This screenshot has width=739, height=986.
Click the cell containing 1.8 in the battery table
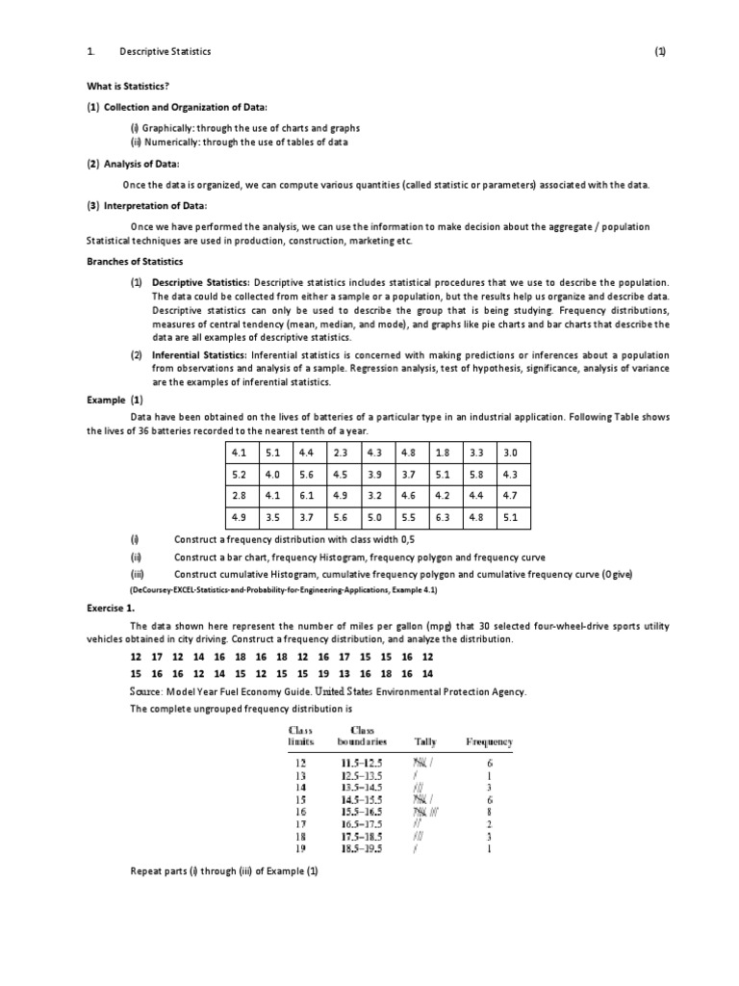pyautogui.click(x=442, y=452)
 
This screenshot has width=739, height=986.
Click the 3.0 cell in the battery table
pyautogui.click(x=510, y=452)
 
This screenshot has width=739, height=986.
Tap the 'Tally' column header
pyautogui.click(x=424, y=741)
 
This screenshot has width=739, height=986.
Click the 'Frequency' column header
pyautogui.click(x=489, y=741)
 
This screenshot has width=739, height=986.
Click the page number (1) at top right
pyautogui.click(x=659, y=52)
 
